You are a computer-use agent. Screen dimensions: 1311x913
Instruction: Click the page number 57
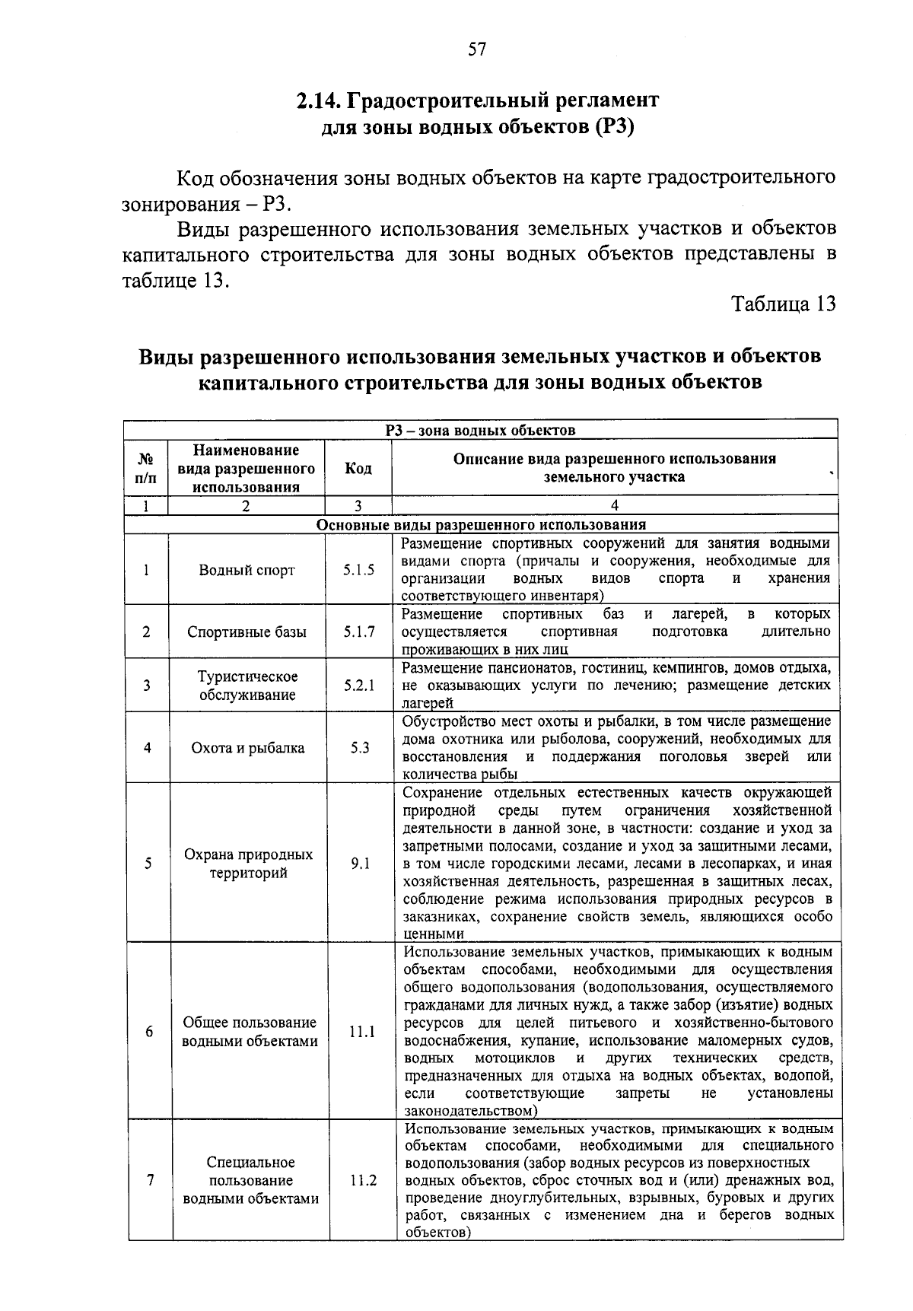click(477, 50)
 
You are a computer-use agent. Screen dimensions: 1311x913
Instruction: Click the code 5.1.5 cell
click(358, 570)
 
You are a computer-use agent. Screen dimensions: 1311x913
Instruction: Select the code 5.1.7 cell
click(358, 632)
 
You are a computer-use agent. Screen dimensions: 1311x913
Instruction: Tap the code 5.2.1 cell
click(358, 686)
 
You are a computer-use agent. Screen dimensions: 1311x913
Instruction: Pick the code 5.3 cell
click(359, 748)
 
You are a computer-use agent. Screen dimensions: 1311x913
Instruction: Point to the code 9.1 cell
click(360, 864)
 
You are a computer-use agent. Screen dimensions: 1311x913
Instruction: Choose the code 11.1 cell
click(361, 1032)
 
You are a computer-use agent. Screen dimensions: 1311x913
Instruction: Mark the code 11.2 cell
click(363, 1181)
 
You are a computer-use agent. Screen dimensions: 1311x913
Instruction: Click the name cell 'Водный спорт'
click(247, 571)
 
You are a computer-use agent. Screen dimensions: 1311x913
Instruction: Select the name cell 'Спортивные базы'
click(247, 632)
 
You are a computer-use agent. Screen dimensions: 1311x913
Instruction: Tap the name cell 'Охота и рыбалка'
click(247, 748)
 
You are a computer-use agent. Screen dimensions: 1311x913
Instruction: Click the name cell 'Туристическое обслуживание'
click(247, 686)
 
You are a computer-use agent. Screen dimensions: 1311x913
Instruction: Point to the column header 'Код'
click(358, 469)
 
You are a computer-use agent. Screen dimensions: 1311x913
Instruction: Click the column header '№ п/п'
click(145, 469)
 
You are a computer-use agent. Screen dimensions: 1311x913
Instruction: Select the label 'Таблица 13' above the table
click(783, 304)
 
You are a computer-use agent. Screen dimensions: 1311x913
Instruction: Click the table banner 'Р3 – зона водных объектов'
click(480, 431)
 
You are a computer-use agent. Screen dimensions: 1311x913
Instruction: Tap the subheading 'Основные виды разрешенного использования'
click(481, 525)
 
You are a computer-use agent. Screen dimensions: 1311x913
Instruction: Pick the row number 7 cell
click(150, 1181)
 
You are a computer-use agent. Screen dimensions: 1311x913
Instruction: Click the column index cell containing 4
click(614, 506)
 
